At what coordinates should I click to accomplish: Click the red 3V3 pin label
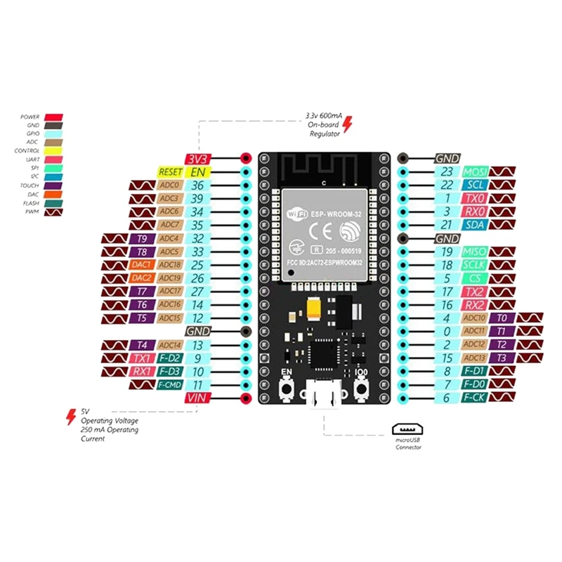tap(197, 159)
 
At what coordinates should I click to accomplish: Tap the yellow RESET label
tap(171, 172)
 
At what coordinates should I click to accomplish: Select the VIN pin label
tap(197, 398)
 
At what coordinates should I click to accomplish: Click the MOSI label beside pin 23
tap(475, 172)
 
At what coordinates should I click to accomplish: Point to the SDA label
tap(475, 225)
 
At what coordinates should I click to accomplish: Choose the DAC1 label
tap(142, 265)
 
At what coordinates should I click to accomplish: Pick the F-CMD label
tap(170, 385)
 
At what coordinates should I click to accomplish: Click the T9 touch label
tap(142, 238)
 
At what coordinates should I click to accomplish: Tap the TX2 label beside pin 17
tap(475, 292)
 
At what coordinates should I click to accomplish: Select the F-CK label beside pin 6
tap(475, 398)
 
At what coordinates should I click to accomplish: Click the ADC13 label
tap(475, 358)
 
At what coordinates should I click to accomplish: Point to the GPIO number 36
tap(198, 185)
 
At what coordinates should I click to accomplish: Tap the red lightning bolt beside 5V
tap(71, 417)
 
